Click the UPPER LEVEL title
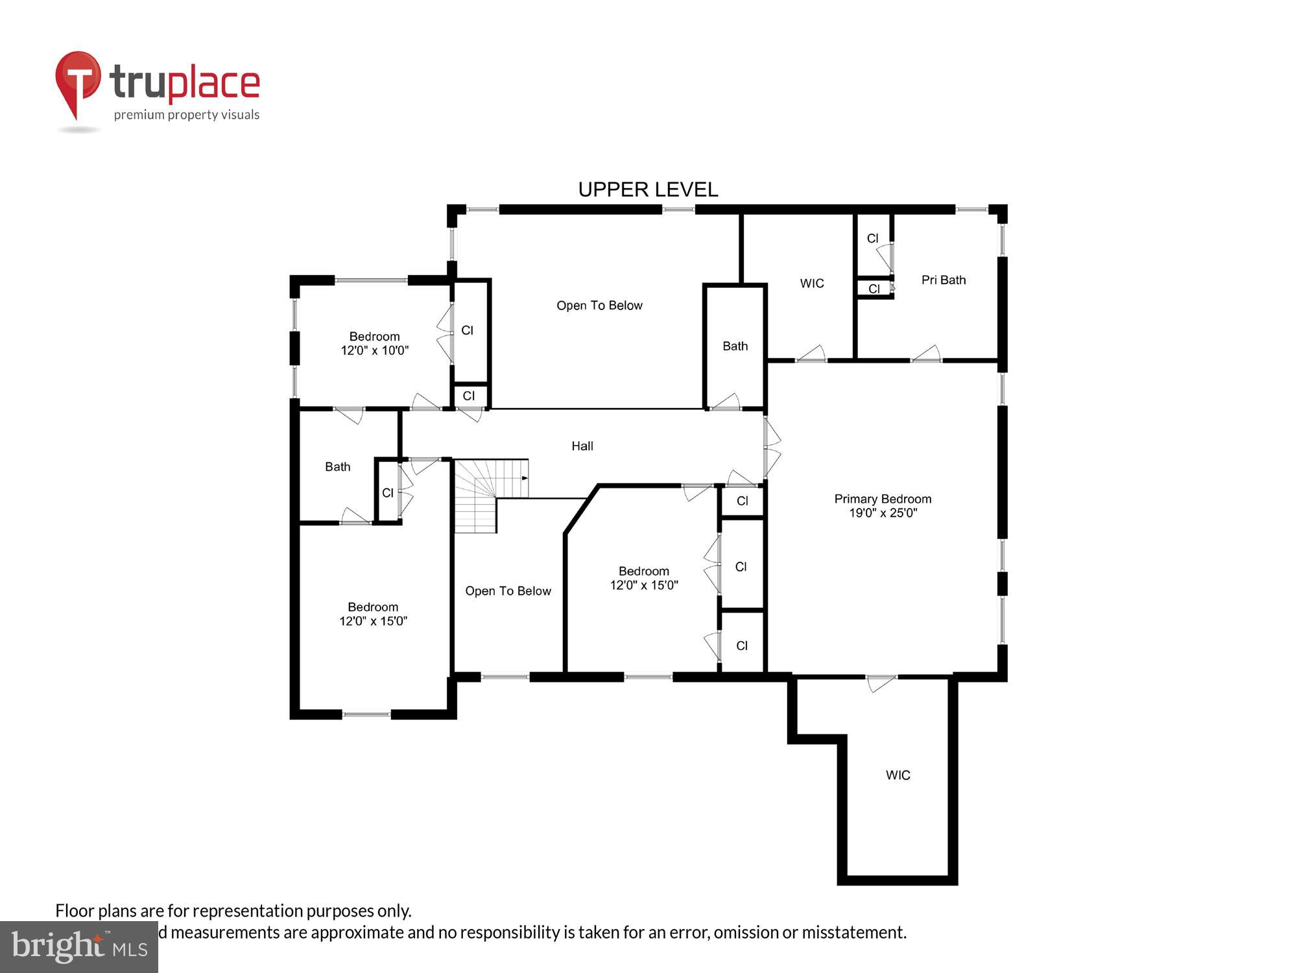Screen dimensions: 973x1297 pos(648,189)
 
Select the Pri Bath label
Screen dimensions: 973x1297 pos(944,280)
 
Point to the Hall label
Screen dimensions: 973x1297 pos(582,446)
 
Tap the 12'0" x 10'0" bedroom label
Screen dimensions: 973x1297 pos(375,344)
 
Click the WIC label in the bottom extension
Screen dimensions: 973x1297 pos(898,775)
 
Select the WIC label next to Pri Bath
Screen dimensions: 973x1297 pos(812,283)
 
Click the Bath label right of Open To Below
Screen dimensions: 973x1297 pos(735,346)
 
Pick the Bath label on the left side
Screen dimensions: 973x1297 pos(337,467)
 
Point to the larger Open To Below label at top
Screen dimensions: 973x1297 pos(599,306)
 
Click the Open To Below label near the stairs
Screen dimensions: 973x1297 pos(508,591)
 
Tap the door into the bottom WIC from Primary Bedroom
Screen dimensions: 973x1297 pos(881,682)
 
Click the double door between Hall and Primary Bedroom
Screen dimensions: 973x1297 pos(771,447)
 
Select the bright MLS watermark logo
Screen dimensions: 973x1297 pos(79,947)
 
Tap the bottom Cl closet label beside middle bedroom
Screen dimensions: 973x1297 pos(742,646)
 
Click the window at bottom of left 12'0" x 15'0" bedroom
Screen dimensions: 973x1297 pos(366,714)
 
